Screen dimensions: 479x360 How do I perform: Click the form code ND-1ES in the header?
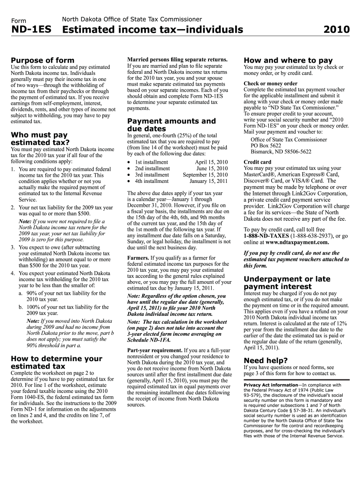tap(30, 30)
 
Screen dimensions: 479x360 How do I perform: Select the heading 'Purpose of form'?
tap(42, 60)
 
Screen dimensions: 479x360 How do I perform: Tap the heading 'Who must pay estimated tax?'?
tap(40, 139)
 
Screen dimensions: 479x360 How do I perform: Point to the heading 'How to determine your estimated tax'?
tap(56, 363)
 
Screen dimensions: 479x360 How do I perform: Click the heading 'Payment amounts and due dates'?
tap(172, 125)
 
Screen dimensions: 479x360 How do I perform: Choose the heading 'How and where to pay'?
tap(288, 60)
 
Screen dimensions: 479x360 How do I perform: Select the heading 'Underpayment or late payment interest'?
tap(287, 283)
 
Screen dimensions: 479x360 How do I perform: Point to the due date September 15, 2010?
tap(205, 175)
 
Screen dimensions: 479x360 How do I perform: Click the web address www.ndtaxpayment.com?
tap(297, 242)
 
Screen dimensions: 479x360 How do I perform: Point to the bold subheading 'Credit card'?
tap(257, 162)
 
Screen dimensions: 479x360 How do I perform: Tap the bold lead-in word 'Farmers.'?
tap(138, 258)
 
